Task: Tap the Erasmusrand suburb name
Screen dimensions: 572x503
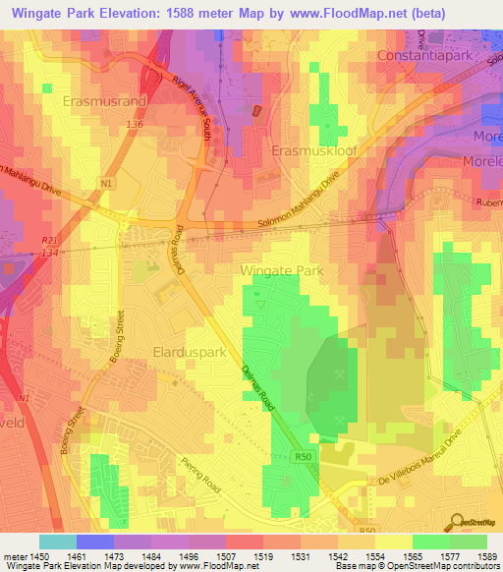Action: click(x=105, y=100)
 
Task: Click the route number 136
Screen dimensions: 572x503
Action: click(x=135, y=125)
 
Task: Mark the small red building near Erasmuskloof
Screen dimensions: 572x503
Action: click(x=258, y=112)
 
